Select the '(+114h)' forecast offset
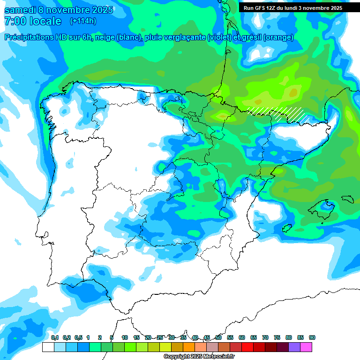click(x=83, y=21)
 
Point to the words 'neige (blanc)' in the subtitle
click(x=118, y=37)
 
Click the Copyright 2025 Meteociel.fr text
click(x=199, y=357)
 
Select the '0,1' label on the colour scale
click(x=55, y=338)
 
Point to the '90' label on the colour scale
click(x=312, y=338)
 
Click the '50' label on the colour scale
click(x=218, y=338)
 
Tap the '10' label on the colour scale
click(x=125, y=338)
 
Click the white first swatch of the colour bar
click(x=48, y=347)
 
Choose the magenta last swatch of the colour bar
click(x=306, y=347)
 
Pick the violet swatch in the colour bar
click(x=294, y=347)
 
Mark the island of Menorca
click(x=347, y=199)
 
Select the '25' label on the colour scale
click(x=160, y=338)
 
